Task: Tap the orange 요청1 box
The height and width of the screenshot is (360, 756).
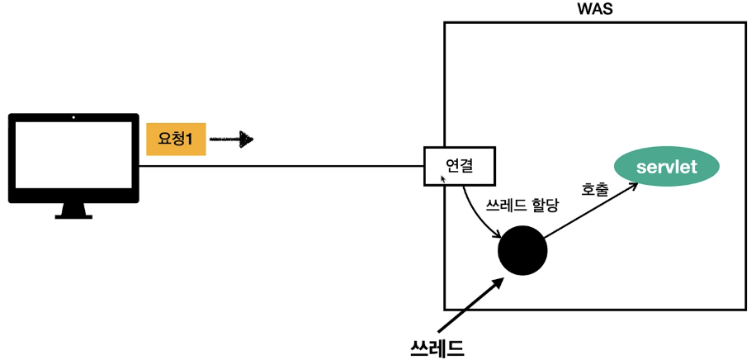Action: (175, 140)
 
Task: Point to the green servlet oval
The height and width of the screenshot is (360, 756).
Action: (667, 167)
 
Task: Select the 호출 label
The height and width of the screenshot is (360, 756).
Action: (595, 189)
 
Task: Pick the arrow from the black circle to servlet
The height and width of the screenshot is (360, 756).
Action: (592, 212)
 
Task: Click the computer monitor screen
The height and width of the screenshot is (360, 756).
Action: (73, 158)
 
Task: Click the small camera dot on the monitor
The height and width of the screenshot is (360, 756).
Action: (73, 118)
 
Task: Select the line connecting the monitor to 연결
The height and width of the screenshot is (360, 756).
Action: (281, 166)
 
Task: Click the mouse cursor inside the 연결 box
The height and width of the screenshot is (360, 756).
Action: (444, 178)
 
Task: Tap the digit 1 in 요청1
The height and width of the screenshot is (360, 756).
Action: (189, 140)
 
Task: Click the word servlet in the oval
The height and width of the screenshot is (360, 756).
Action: (667, 167)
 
